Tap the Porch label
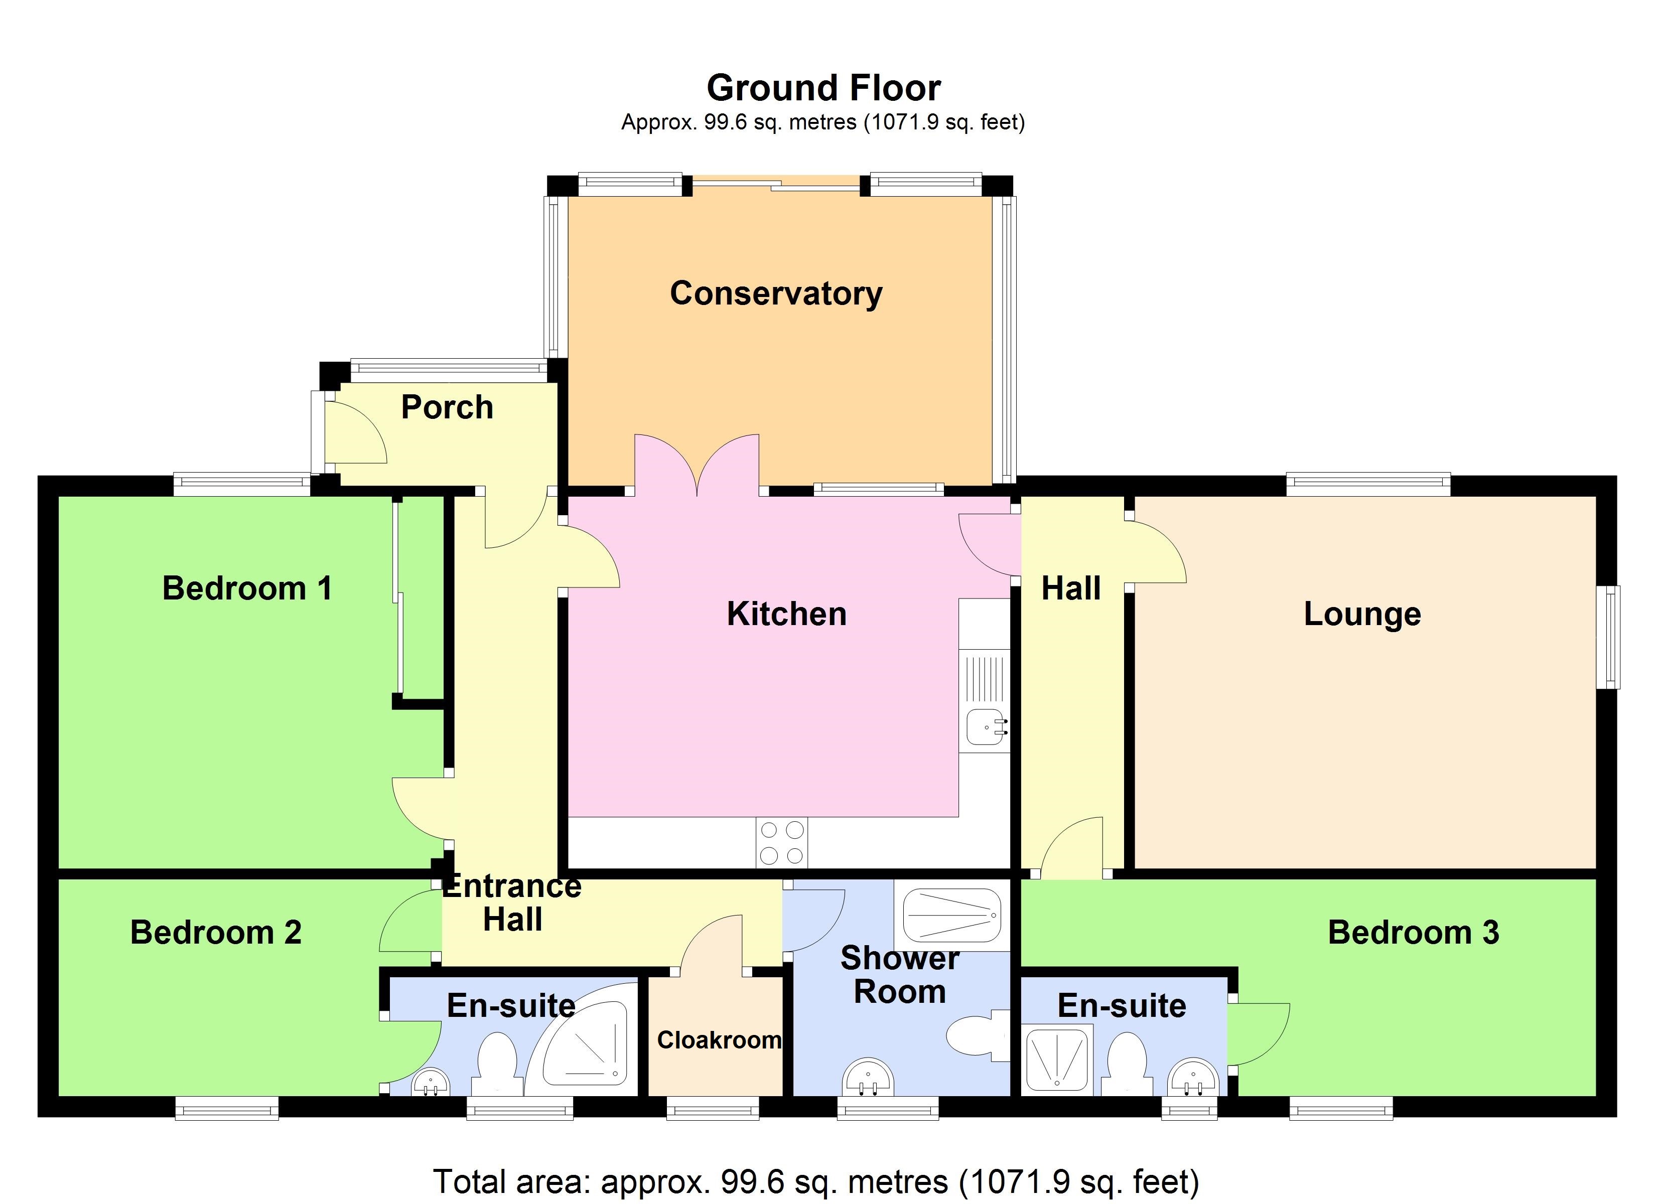pyautogui.click(x=447, y=407)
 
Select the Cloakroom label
pyautogui.click(x=719, y=1040)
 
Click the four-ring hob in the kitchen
pyautogui.click(x=781, y=843)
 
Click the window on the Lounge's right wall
pyautogui.click(x=1608, y=637)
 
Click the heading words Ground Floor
pyautogui.click(x=823, y=88)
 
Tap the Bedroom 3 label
pyautogui.click(x=1413, y=933)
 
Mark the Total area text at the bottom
pyautogui.click(x=815, y=1180)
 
